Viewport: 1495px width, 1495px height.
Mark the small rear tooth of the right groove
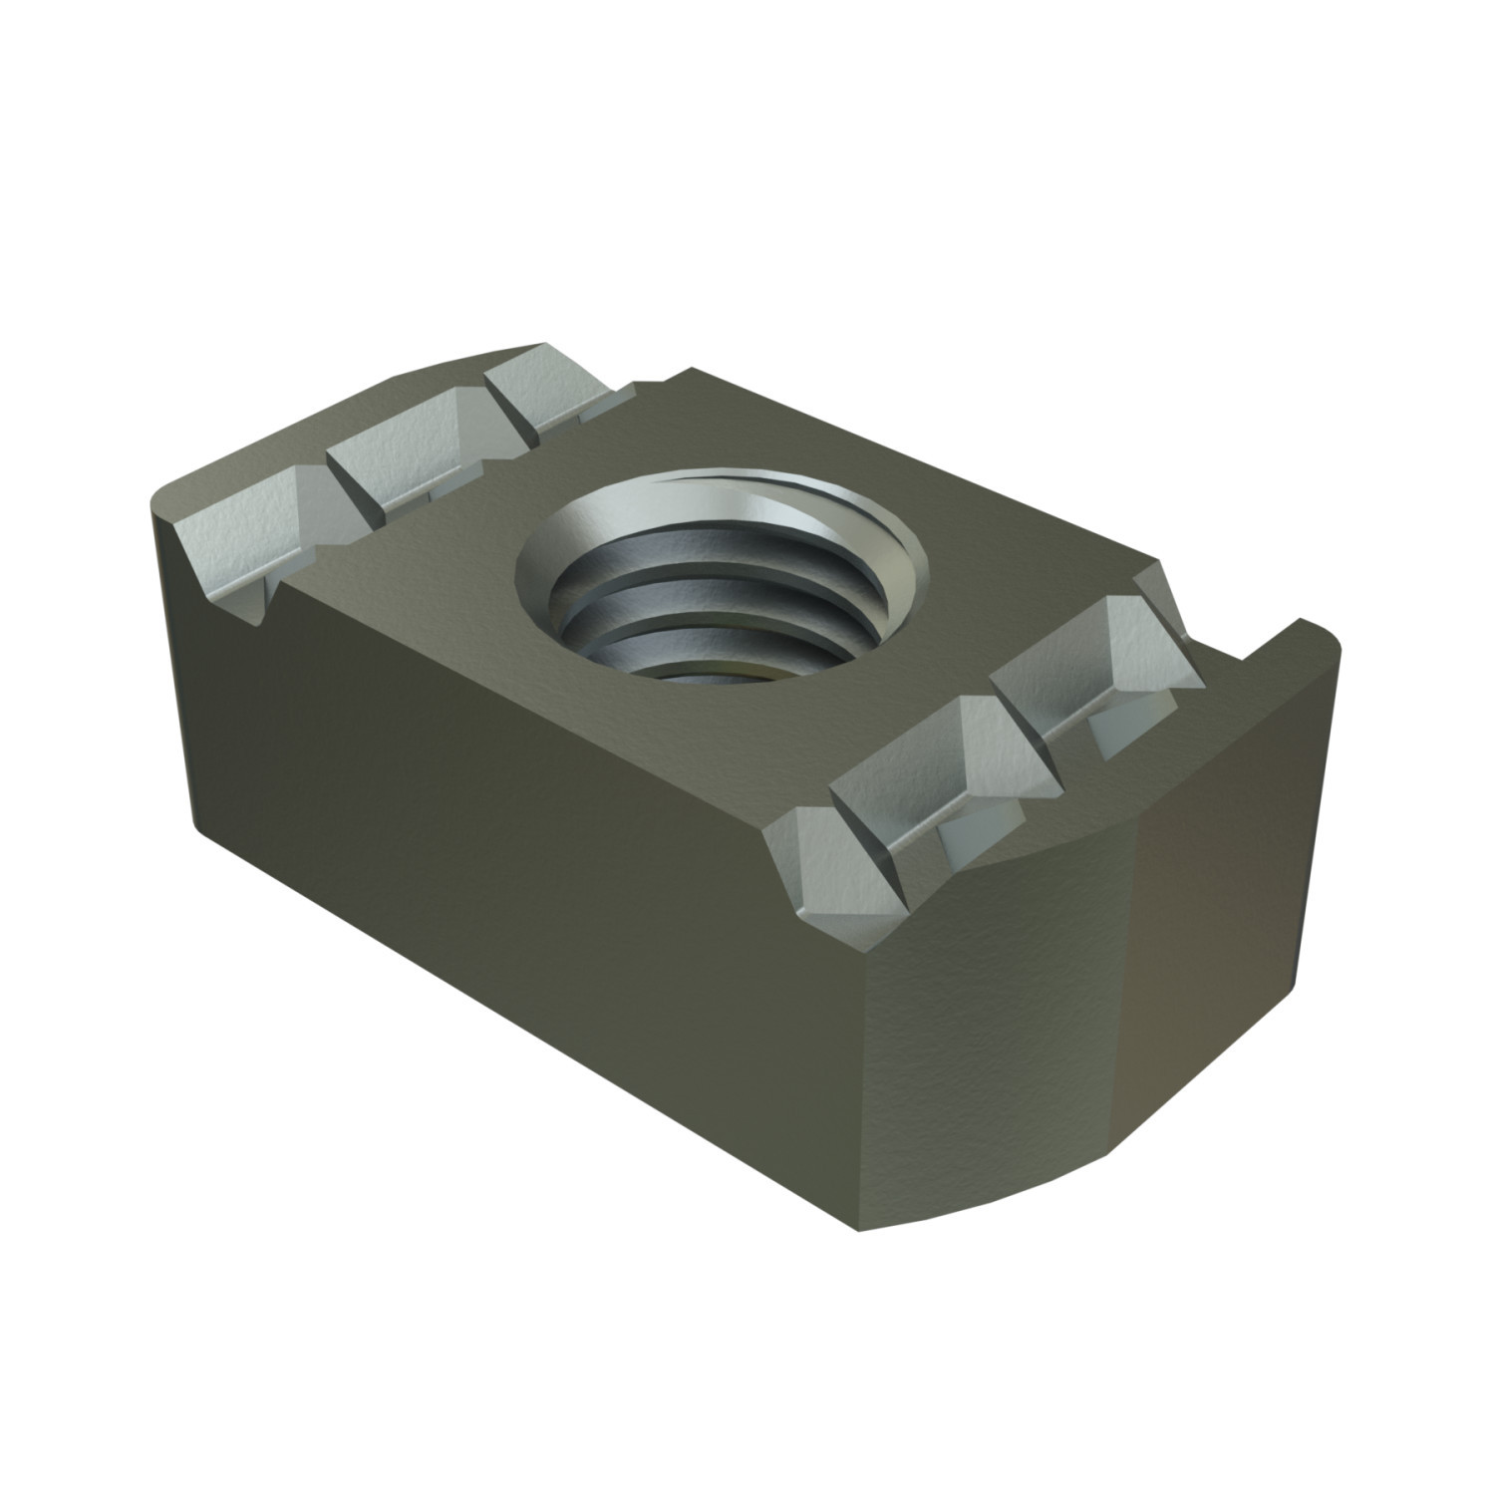[1161, 598]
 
